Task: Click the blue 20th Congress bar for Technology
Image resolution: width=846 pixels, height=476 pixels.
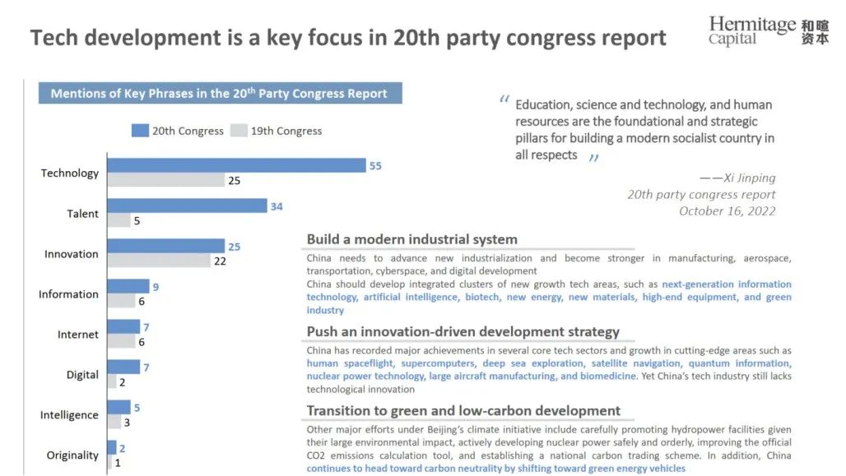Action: pos(236,165)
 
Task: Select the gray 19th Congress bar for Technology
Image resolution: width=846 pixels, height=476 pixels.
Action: pos(165,180)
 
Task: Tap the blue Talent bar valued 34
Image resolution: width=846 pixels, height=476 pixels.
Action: pos(187,206)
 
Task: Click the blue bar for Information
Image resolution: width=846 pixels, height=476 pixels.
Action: pos(128,286)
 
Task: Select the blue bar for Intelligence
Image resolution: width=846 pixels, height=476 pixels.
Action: pos(119,407)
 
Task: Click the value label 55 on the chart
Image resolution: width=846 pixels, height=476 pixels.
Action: pos(375,166)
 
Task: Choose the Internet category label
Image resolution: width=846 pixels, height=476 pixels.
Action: pos(78,335)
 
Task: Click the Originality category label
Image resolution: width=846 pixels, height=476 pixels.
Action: pos(72,455)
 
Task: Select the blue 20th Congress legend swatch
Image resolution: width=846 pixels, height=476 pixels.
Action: pos(139,131)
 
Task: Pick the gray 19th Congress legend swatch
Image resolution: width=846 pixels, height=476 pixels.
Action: pos(239,131)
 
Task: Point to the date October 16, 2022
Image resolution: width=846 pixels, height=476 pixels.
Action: pos(727,211)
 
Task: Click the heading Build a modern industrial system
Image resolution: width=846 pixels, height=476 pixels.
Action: pos(411,239)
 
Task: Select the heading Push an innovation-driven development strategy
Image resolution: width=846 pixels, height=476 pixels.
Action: pos(463,332)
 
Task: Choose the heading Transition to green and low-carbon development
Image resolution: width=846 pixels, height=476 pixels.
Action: pos(463,410)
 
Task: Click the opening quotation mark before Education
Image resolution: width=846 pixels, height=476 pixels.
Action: pos(504,101)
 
